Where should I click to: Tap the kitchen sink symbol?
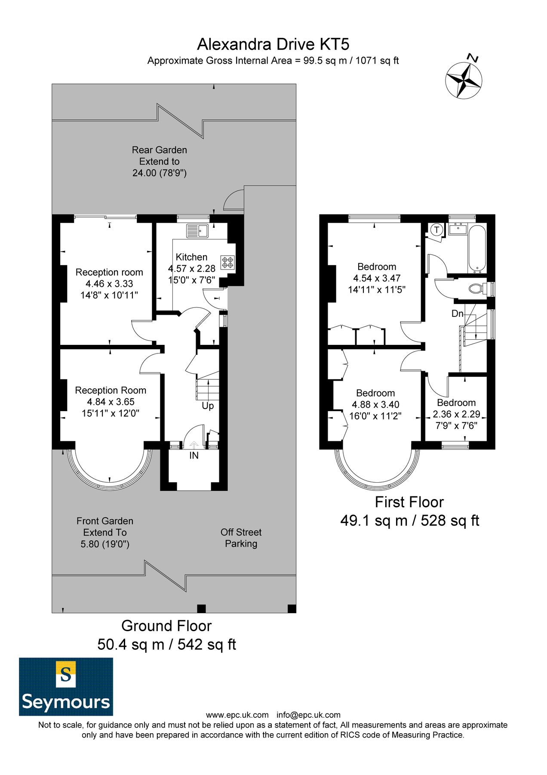pyautogui.click(x=197, y=231)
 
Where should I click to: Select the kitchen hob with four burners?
pyautogui.click(x=227, y=262)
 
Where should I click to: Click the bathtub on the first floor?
pyautogui.click(x=477, y=249)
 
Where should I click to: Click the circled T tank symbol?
pyautogui.click(x=437, y=229)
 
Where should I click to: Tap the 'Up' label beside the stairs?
pyautogui.click(x=208, y=406)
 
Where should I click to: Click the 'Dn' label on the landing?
pyautogui.click(x=457, y=313)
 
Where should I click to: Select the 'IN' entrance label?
pyautogui.click(x=194, y=455)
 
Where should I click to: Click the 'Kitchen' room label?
pyautogui.click(x=191, y=257)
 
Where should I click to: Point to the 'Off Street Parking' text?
pyautogui.click(x=241, y=538)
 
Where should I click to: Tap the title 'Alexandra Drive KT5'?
pyautogui.click(x=273, y=44)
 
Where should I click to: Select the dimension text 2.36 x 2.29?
pyautogui.click(x=456, y=414)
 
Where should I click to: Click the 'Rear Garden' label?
pyautogui.click(x=159, y=150)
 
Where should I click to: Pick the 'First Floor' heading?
pyautogui.click(x=409, y=502)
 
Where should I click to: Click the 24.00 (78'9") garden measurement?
pyautogui.click(x=159, y=173)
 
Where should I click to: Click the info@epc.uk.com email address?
pyautogui.click(x=308, y=715)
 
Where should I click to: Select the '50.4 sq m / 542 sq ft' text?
pyautogui.click(x=166, y=645)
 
